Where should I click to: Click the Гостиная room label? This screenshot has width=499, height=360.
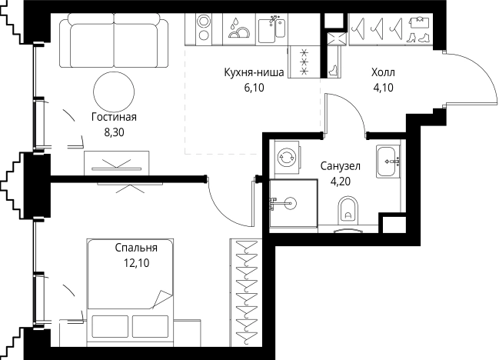click(x=114, y=117)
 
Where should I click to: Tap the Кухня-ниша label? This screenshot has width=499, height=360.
click(x=254, y=72)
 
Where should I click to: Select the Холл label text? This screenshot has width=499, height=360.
click(x=383, y=72)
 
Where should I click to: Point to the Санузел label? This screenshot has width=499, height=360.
click(x=340, y=166)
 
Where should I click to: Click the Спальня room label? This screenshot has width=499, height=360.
click(x=136, y=248)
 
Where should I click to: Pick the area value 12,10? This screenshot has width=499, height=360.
click(x=137, y=263)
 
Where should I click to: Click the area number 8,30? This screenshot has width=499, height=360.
click(x=115, y=132)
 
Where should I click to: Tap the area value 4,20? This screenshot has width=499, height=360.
click(x=341, y=182)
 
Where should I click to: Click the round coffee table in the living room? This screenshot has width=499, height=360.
click(x=114, y=92)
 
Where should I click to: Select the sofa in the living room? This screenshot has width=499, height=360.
click(x=114, y=41)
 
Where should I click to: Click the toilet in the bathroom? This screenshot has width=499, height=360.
click(x=348, y=210)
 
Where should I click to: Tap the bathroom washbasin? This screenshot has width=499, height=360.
click(x=388, y=162)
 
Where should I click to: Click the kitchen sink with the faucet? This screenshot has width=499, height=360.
click(x=271, y=29)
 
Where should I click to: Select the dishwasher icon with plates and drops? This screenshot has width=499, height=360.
click(x=238, y=28)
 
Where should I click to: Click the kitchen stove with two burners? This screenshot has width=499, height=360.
click(x=204, y=28)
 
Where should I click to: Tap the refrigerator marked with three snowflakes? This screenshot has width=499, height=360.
click(x=304, y=62)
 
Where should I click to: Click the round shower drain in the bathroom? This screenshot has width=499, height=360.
click(x=290, y=203)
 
